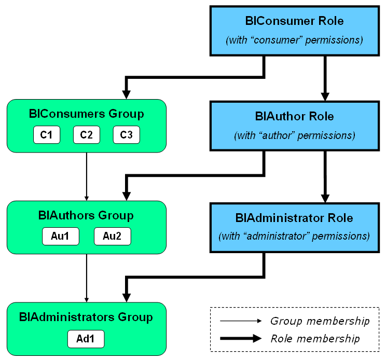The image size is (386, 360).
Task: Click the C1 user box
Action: coord(47,135)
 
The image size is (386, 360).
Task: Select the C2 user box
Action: coord(87,135)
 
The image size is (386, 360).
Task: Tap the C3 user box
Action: coord(126,135)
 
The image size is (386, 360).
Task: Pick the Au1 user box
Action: coord(60,237)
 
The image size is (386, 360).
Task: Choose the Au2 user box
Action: coord(112,237)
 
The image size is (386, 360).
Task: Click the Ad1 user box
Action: coord(86,339)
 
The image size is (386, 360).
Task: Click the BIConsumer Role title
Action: coord(294,21)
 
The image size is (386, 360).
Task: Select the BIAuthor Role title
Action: coord(294,116)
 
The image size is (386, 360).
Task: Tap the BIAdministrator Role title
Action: coord(294,217)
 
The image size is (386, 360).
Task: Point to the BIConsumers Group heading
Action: coord(87,114)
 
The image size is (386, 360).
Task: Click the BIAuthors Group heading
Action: coord(86,215)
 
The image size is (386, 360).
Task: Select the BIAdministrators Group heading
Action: coord(86,316)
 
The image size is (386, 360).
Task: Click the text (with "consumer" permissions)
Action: coord(294,40)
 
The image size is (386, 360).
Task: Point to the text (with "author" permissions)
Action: coord(294,136)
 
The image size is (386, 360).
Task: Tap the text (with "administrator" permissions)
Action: coord(294,237)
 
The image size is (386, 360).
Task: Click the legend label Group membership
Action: coord(320,321)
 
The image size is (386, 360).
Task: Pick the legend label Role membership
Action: coord(315,339)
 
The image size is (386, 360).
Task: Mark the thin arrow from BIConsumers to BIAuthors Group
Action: coord(87,176)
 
